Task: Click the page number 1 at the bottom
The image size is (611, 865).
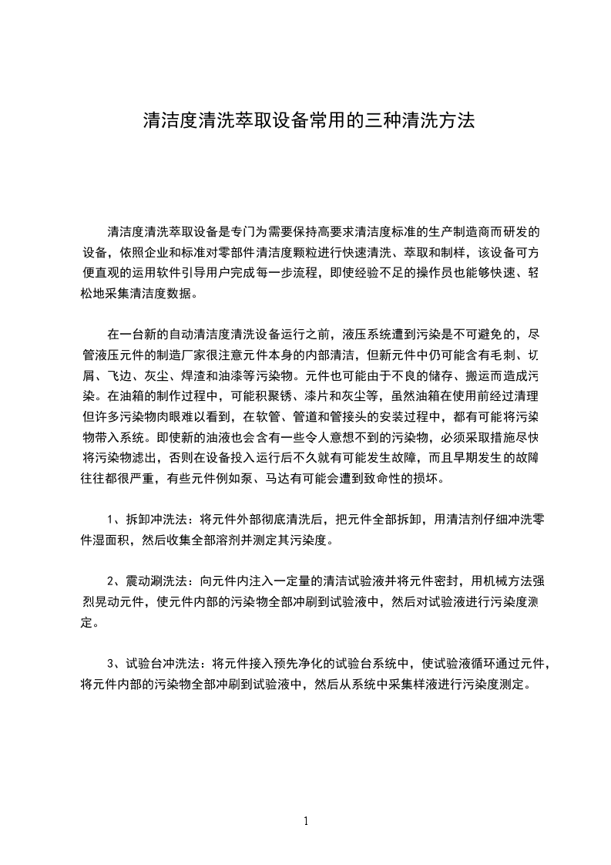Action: click(306, 821)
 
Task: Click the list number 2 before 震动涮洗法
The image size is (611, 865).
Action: click(112, 581)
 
